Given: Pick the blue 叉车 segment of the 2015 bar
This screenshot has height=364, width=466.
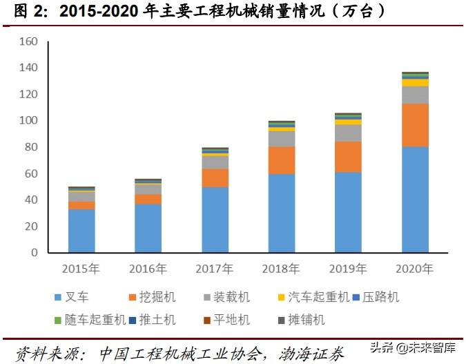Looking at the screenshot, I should point(81,231).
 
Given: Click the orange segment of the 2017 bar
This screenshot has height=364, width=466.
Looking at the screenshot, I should point(215,178).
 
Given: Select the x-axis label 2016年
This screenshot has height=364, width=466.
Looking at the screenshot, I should point(148,268).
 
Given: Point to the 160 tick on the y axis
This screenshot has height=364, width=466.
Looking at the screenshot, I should point(28,41).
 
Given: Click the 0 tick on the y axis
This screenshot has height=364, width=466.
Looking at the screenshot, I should point(33,253).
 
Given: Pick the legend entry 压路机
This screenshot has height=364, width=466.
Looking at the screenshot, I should point(379,298).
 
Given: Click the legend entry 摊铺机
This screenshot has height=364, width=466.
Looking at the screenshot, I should point(303,320).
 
